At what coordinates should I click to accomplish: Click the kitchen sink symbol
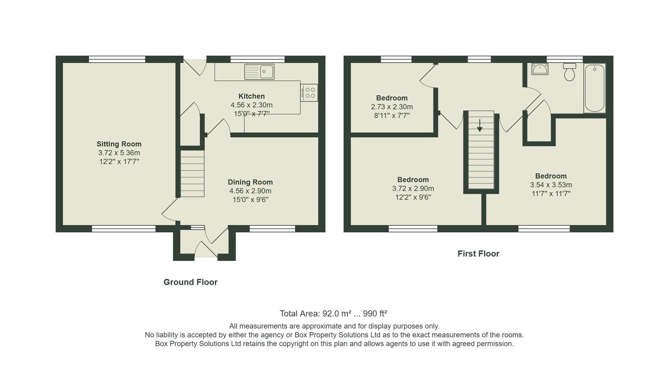click(x=259, y=72)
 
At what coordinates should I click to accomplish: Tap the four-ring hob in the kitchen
click(x=309, y=93)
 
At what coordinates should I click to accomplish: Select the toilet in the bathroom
click(x=569, y=72)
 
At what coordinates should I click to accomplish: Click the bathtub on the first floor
click(x=594, y=88)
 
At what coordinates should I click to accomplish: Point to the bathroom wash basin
click(x=540, y=69)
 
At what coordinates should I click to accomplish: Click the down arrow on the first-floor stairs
click(x=480, y=125)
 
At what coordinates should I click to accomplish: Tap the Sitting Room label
click(x=119, y=144)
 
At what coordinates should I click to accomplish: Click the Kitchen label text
click(x=251, y=96)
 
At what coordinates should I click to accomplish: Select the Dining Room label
click(x=250, y=182)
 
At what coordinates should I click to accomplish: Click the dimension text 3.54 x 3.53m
click(x=551, y=185)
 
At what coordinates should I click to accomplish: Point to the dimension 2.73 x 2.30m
click(x=392, y=107)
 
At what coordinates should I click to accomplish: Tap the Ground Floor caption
click(x=190, y=282)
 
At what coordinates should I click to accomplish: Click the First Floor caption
click(x=478, y=254)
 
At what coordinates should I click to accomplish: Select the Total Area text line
click(x=333, y=313)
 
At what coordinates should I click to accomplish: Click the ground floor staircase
click(x=192, y=174)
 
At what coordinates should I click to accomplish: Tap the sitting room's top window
click(x=117, y=59)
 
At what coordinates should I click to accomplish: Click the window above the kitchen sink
click(x=257, y=59)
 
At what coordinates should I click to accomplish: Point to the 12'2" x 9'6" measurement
click(x=413, y=197)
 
